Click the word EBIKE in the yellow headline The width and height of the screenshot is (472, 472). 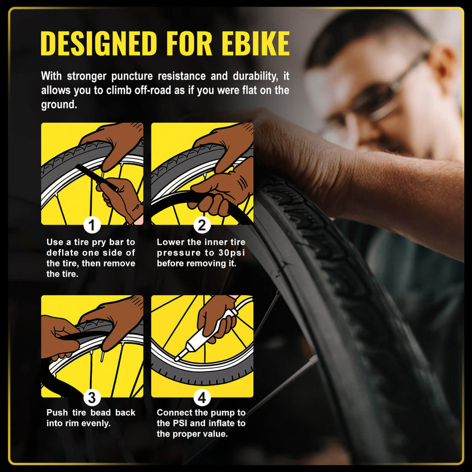click(255, 43)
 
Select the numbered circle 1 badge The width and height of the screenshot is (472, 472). click(92, 225)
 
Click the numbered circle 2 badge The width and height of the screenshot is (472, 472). click(202, 225)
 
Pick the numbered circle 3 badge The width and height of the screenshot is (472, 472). click(92, 398)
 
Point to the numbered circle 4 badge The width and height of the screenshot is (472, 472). click(202, 398)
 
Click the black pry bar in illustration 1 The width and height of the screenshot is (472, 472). click(97, 178)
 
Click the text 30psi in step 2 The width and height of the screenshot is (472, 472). click(232, 253)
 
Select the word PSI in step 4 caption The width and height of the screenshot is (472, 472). click(180, 423)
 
